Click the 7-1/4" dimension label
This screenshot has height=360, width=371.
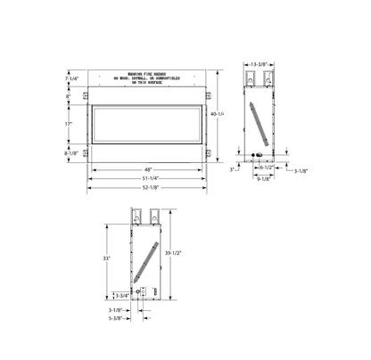pyautogui.click(x=73, y=79)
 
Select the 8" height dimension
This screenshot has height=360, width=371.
pyautogui.click(x=78, y=96)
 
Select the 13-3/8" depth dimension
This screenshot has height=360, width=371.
pyautogui.click(x=260, y=65)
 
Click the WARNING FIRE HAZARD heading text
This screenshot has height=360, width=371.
pyautogui.click(x=147, y=74)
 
